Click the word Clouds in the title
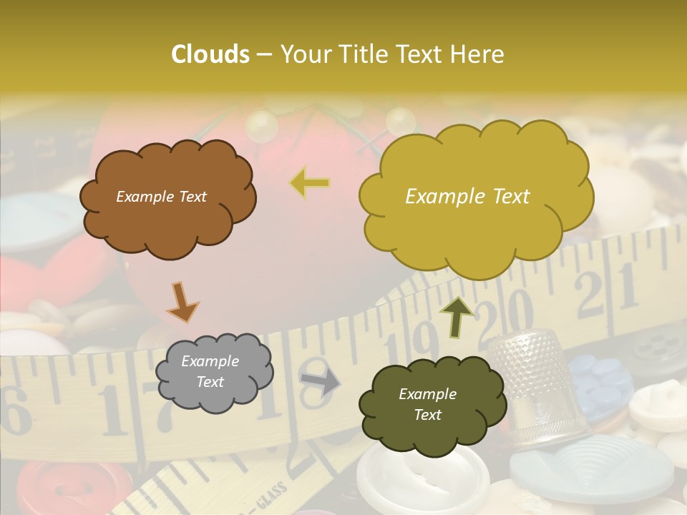pos(210,54)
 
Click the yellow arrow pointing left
pos(310,183)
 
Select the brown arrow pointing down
pos(182,302)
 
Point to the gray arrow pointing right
pos(320,383)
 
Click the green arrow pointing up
pos(457,315)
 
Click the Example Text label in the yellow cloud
pos(467,197)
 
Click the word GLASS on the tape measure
pos(269,497)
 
